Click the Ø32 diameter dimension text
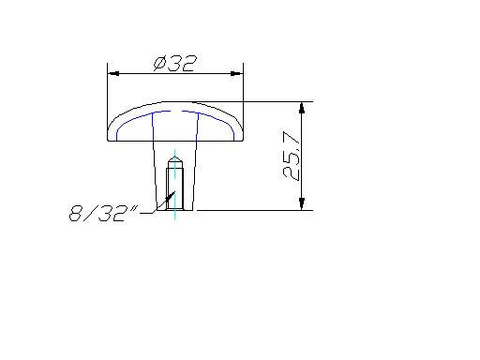click(175, 64)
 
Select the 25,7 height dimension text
click(292, 156)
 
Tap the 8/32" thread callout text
click(103, 214)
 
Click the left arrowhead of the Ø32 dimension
click(113, 74)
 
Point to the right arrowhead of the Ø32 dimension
click(237, 74)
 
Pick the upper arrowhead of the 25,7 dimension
click(302, 108)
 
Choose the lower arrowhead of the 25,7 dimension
click(302, 203)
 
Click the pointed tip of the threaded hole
click(174, 157)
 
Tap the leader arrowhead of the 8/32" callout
click(171, 196)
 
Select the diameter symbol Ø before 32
click(159, 64)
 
